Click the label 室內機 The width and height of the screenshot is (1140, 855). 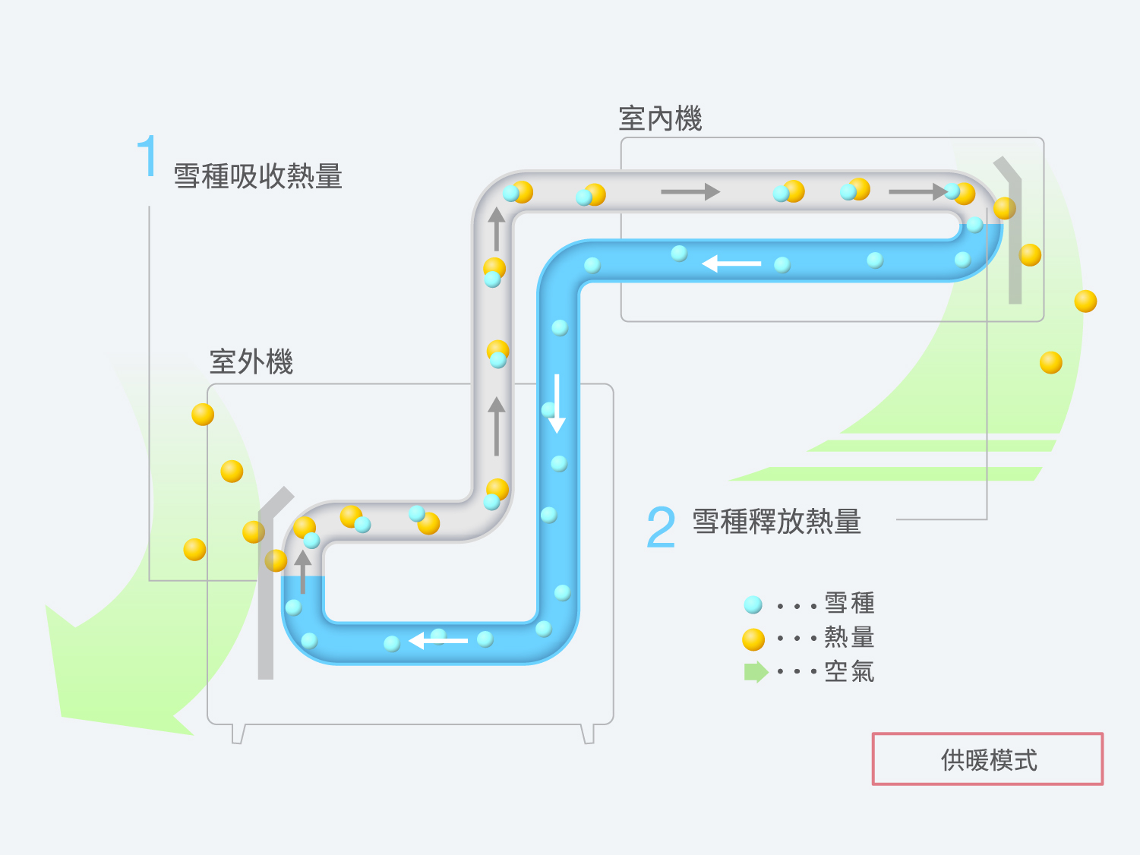coord(660,118)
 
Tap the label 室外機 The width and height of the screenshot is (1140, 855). coord(251,361)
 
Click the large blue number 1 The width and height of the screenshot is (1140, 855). coord(147,156)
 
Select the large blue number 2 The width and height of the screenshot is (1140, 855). coord(662,528)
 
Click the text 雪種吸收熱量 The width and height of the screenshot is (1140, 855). coord(258,176)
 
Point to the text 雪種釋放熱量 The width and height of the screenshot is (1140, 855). coord(777,521)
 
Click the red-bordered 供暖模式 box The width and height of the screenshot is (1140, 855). coord(988,759)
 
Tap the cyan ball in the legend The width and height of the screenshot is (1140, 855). coord(753,604)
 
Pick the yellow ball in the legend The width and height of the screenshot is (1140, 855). coord(753,639)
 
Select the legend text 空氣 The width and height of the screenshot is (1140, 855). coord(850,671)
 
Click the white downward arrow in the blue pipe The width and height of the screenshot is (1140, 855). coord(557,404)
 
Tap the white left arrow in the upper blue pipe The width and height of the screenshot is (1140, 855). coord(731,263)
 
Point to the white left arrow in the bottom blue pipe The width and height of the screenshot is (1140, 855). coord(438,641)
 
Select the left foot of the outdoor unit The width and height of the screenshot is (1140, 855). coord(238,734)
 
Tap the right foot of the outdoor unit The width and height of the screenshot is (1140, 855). coord(587,734)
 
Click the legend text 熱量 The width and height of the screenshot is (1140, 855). coord(850,637)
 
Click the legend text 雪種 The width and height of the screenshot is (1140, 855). coord(850,603)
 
